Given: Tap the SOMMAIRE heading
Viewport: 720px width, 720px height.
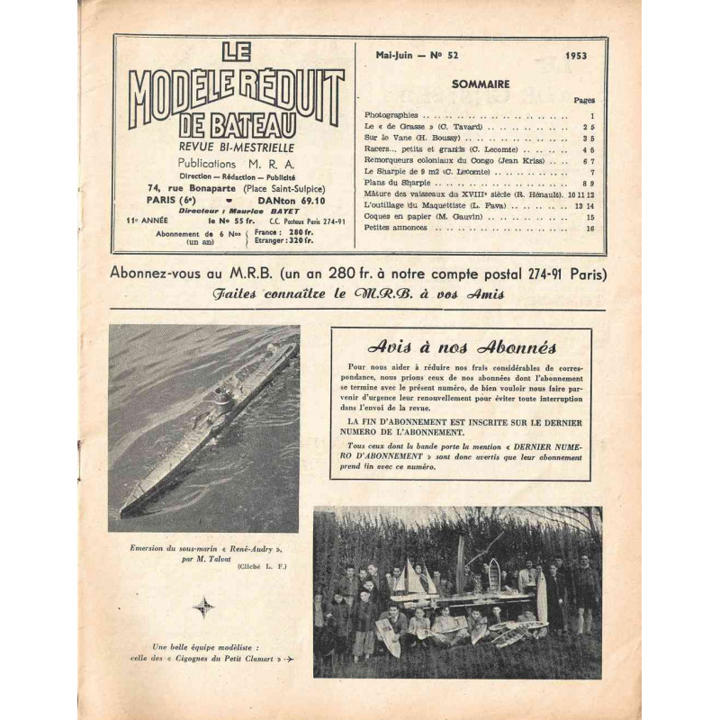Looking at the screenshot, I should [488, 84].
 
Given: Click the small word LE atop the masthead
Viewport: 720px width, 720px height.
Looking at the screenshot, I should [235, 53].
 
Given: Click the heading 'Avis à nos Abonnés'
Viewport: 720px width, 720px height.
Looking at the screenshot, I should [460, 347].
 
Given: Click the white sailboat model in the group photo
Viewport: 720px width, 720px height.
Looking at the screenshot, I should [411, 576].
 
